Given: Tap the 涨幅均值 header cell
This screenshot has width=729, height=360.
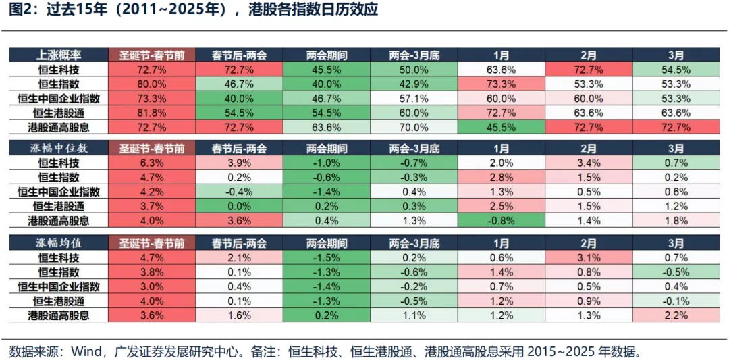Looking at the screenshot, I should [59, 243].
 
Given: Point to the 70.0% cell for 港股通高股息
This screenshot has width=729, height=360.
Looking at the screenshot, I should [414, 126].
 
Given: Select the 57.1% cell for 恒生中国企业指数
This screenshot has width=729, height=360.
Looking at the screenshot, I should [414, 98].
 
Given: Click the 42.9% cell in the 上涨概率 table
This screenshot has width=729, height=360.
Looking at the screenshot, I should [414, 84].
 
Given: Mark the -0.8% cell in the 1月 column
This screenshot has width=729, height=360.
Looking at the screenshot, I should [501, 220].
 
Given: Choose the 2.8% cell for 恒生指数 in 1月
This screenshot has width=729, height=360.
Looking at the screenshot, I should [501, 177].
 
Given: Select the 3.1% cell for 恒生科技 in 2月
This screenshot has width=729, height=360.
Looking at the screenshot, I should [588, 257].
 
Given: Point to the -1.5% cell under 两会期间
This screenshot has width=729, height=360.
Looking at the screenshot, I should [326, 257].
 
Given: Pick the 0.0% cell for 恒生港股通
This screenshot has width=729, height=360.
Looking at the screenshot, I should [240, 206].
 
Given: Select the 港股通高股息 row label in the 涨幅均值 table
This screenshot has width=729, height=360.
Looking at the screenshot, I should [59, 315].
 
